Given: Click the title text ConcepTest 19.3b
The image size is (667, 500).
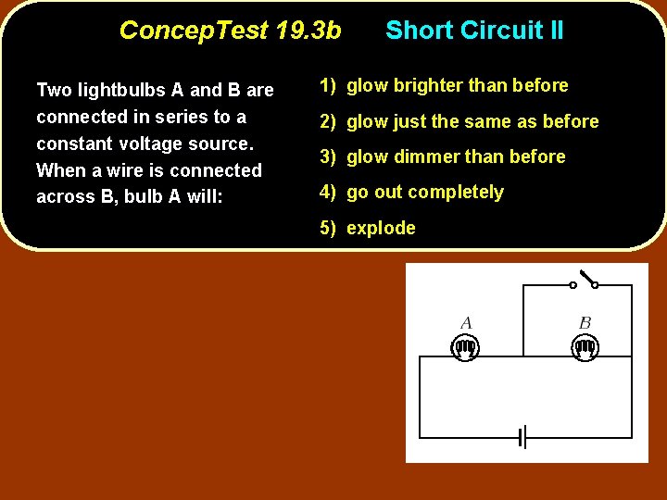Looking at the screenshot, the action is (230, 31).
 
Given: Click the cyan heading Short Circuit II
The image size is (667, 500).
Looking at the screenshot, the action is (474, 31).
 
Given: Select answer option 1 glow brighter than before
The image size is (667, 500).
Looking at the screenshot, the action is (444, 85).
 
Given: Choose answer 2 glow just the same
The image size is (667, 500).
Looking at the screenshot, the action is (459, 121).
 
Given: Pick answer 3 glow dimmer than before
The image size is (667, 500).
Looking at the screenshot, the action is (443, 156).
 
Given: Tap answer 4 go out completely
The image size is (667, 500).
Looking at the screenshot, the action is (411, 192).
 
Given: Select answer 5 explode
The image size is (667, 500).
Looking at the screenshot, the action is (368, 228).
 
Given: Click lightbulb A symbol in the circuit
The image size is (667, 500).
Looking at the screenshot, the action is (465, 348).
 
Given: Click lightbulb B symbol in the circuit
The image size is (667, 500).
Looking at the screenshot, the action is (585, 348).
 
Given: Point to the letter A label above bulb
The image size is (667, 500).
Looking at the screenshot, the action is (466, 323).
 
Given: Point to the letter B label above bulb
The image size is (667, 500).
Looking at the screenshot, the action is (585, 323).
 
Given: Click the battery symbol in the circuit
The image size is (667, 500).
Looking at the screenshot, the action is (522, 437).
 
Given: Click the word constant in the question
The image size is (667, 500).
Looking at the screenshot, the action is (73, 144).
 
